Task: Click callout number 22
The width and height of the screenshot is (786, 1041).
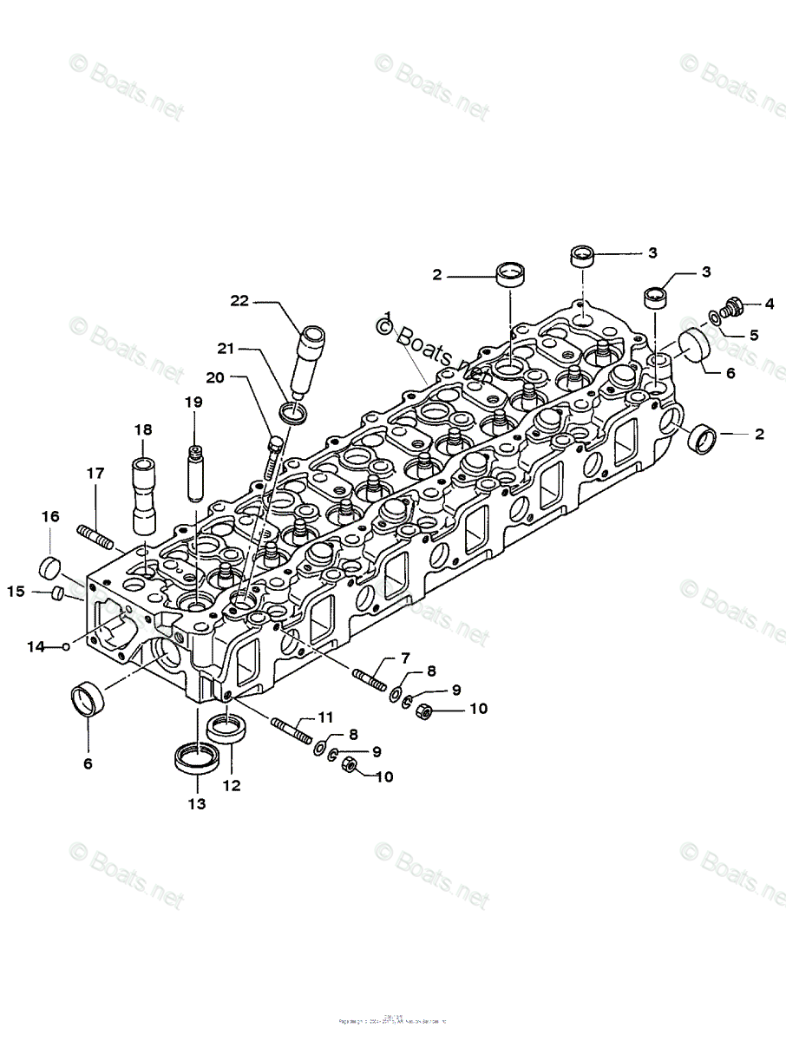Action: click(239, 301)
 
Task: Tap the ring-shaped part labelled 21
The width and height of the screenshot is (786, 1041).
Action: click(295, 413)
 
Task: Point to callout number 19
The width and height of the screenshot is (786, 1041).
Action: click(193, 403)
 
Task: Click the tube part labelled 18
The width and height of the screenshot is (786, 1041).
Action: click(144, 494)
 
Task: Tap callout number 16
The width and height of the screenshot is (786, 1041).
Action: click(50, 517)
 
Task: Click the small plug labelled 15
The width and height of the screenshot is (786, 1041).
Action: click(57, 593)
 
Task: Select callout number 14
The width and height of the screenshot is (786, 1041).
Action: click(35, 646)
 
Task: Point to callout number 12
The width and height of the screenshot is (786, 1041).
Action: click(232, 786)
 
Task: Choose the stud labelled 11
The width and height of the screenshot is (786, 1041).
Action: click(292, 730)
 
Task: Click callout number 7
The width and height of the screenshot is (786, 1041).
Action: click(404, 658)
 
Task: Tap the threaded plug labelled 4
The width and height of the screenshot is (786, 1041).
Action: click(730, 308)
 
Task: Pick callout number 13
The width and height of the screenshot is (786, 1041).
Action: click(198, 804)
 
